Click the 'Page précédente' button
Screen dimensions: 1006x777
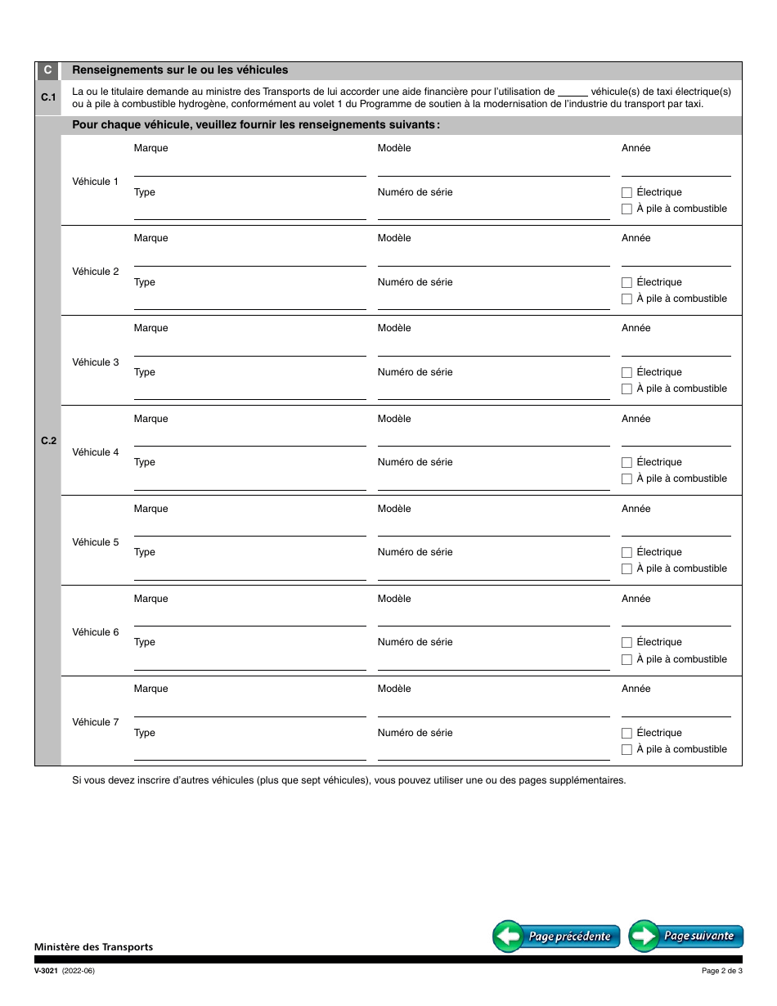tap(556, 936)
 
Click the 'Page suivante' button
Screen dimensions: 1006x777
tap(686, 936)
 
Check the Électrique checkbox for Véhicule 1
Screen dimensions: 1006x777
tap(627, 193)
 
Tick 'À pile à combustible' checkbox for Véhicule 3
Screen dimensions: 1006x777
tap(627, 389)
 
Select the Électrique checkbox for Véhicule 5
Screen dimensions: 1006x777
tap(627, 553)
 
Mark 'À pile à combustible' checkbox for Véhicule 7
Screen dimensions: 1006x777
tap(627, 750)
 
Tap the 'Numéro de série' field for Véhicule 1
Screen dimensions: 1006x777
tap(493, 212)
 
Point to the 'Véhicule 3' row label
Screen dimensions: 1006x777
tap(96, 362)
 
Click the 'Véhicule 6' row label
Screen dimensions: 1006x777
tap(96, 632)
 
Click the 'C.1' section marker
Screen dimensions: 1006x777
tap(47, 98)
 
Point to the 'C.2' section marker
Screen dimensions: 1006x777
tap(48, 442)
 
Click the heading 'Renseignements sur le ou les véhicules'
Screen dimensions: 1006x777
tap(180, 70)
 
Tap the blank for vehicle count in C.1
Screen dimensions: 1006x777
tap(573, 93)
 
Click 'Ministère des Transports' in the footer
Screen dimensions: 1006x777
tap(93, 947)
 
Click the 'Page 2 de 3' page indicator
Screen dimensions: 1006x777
tap(721, 971)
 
